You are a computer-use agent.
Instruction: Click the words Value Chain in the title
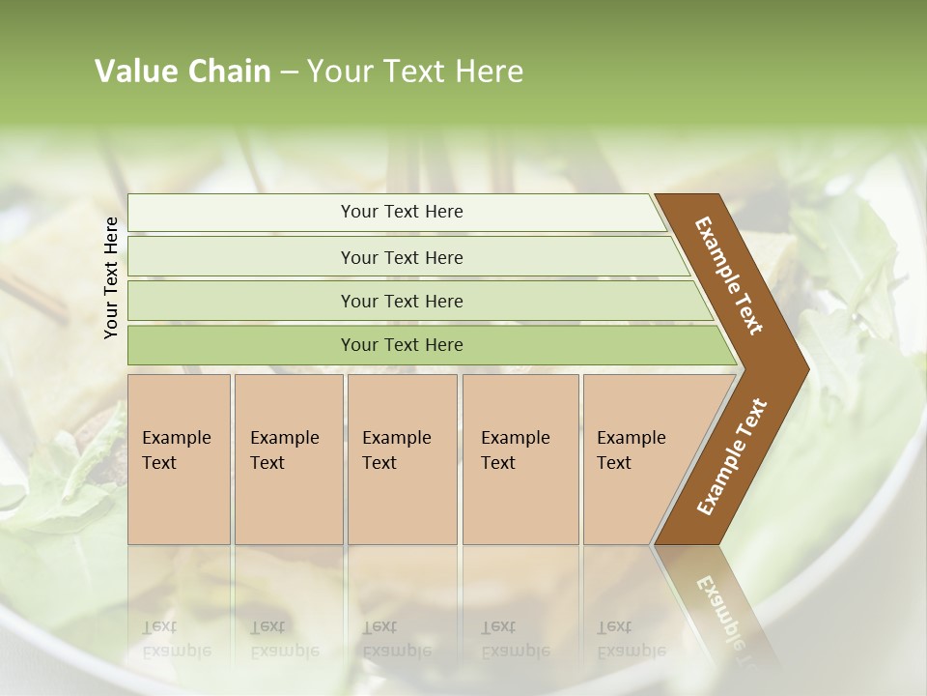click(183, 72)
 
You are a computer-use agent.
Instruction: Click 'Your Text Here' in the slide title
click(415, 72)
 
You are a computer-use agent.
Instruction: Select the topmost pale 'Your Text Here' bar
click(401, 212)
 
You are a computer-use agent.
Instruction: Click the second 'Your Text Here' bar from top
click(401, 257)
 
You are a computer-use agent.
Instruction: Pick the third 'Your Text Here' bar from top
click(401, 301)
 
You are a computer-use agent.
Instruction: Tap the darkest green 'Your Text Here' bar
click(401, 345)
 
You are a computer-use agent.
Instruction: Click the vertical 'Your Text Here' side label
click(111, 277)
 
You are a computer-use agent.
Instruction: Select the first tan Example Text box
click(179, 459)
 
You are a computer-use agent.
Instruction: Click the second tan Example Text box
click(288, 459)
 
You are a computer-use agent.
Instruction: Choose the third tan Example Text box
click(401, 459)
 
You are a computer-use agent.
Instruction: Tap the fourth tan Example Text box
click(520, 459)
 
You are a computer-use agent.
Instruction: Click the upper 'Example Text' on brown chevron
click(729, 275)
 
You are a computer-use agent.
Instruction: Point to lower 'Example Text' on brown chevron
click(731, 456)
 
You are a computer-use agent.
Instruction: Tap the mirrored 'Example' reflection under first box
click(176, 651)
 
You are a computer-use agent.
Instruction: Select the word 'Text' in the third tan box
click(379, 463)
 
